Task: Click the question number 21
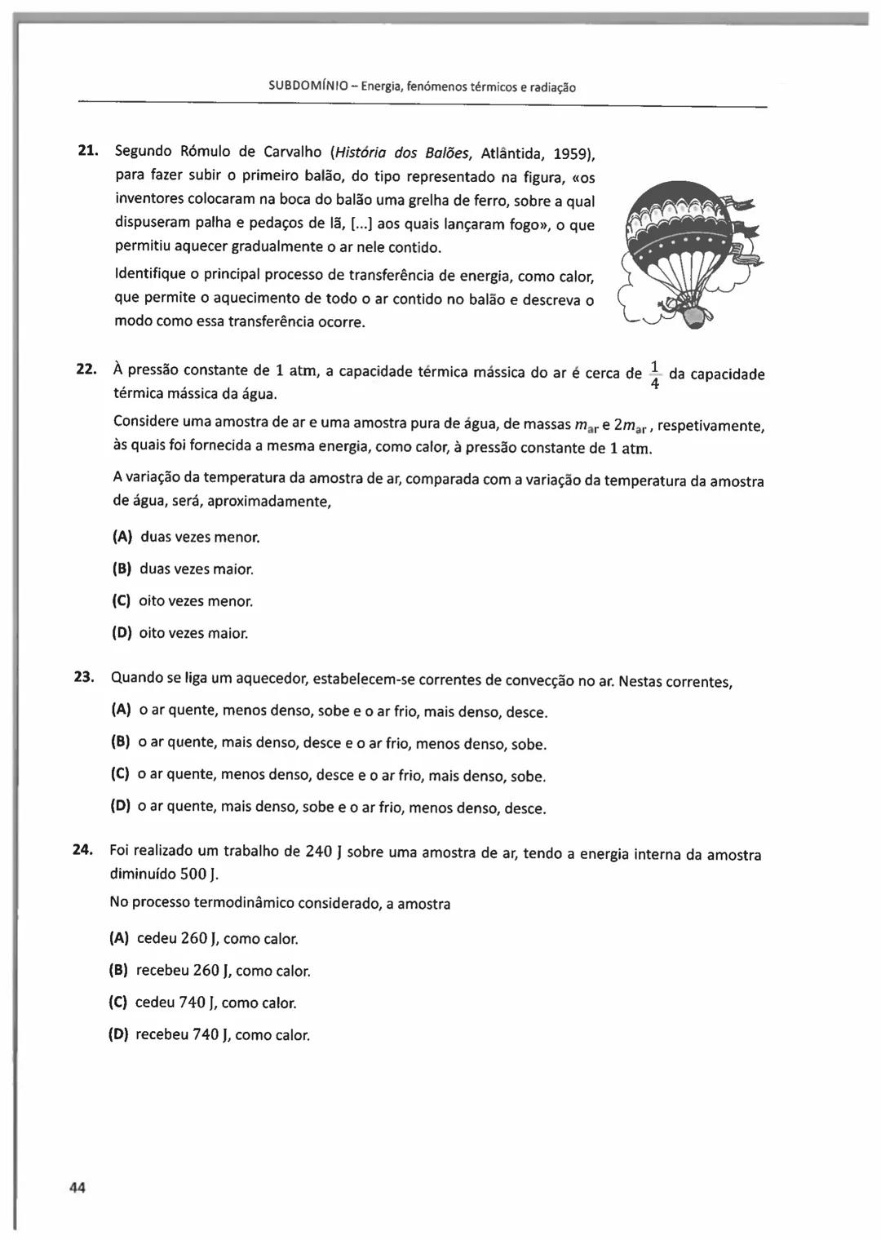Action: [87, 151]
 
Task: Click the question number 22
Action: [86, 370]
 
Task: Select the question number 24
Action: [83, 849]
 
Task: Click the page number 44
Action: [77, 1188]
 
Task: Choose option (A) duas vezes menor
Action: [186, 538]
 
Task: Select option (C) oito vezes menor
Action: [182, 601]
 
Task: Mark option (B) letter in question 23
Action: [121, 742]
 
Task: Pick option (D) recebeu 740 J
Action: [209, 1035]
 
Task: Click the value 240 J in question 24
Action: [323, 852]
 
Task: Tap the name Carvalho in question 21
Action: [292, 153]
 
